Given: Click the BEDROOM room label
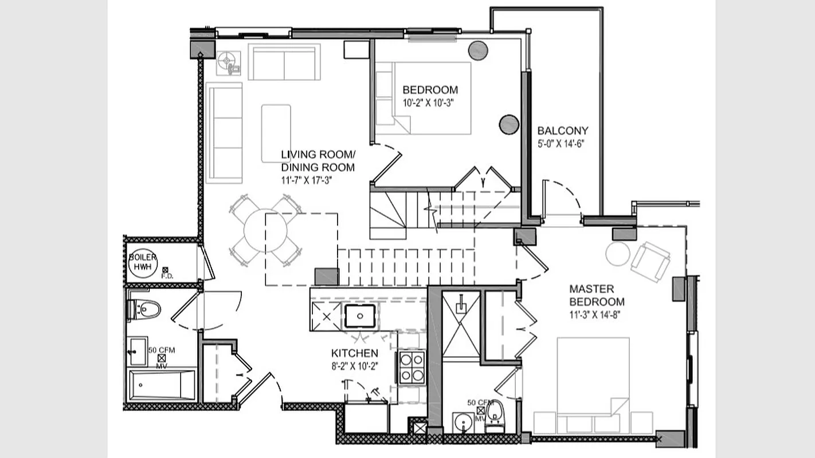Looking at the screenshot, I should pyautogui.click(x=430, y=90).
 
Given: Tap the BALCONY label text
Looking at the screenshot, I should pyautogui.click(x=562, y=131).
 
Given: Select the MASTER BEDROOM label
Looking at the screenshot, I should pyautogui.click(x=597, y=295).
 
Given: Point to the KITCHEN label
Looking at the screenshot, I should pyautogui.click(x=354, y=353).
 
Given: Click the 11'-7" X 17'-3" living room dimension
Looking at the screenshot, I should pyautogui.click(x=307, y=180).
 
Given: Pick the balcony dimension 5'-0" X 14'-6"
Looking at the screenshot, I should pyautogui.click(x=561, y=144).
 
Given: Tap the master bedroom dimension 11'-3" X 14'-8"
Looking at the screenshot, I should pyautogui.click(x=595, y=314).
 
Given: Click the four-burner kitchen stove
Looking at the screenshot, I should pyautogui.click(x=412, y=368).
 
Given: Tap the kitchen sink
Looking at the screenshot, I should pyautogui.click(x=360, y=315).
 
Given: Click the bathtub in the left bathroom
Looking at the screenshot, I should pyautogui.click(x=162, y=385).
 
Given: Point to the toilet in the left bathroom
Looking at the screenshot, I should pyautogui.click(x=144, y=310).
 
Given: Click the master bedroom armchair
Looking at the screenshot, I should pyautogui.click(x=650, y=261).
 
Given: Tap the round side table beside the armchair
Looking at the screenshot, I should pyautogui.click(x=618, y=254).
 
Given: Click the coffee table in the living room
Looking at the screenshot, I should pyautogui.click(x=276, y=133).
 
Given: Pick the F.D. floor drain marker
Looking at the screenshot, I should pyautogui.click(x=166, y=270).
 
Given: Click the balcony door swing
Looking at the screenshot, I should pyautogui.click(x=562, y=198).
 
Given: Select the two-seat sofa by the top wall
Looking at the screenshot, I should pyautogui.click(x=284, y=62).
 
